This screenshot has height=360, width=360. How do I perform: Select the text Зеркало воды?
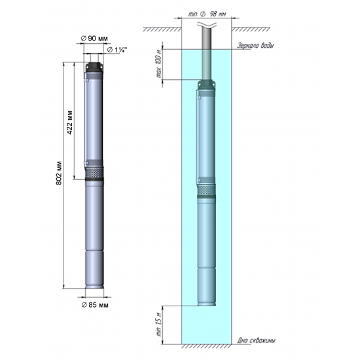tap(255, 46)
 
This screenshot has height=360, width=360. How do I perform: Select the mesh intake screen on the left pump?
tap(94, 173)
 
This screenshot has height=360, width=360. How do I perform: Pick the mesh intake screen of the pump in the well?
tap(207, 190)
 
